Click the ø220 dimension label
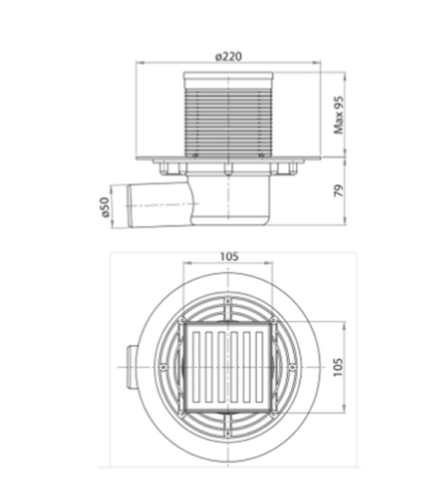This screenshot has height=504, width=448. [228, 57]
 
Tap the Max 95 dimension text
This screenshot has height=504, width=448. [339, 115]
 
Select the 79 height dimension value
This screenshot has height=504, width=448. [340, 190]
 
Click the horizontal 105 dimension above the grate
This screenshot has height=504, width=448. [228, 257]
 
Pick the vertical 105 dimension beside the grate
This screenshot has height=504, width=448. [337, 367]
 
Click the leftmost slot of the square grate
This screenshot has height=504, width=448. [196, 367]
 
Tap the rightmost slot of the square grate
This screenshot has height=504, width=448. [260, 367]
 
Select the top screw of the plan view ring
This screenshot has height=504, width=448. [228, 301]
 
